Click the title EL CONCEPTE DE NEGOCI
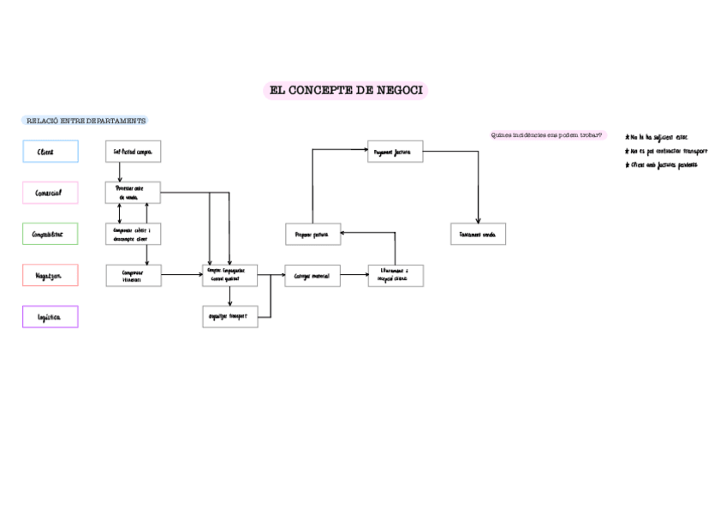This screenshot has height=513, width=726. point(345,91)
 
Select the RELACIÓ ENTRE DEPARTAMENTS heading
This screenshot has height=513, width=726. point(86,121)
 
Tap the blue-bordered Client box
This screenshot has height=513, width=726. point(51,152)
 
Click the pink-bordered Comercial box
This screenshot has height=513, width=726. point(51,193)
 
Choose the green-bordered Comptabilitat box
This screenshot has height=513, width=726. point(51,234)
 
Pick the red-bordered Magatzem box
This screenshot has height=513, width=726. point(51,275)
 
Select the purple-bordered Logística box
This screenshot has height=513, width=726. point(51,317)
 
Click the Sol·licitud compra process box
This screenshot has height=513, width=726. point(133,152)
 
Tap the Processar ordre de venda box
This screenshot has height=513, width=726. point(133,192)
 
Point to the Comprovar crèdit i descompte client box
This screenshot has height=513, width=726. point(133,234)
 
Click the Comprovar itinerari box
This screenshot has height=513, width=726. point(133,275)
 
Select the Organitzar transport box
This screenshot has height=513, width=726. point(229,316)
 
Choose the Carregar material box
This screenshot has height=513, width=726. point(312,276)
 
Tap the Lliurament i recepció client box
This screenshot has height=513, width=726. point(395,275)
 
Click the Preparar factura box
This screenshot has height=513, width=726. point(312,234)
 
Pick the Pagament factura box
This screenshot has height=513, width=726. point(395,152)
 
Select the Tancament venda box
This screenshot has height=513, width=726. point(478,234)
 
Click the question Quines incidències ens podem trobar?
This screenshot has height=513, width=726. point(547,135)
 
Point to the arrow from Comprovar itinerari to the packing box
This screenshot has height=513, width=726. point(181,275)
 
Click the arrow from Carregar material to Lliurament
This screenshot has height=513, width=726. point(354,276)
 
